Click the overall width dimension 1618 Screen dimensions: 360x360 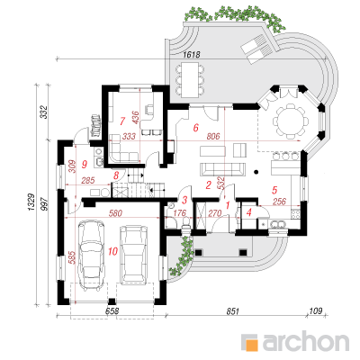[x=192, y=54]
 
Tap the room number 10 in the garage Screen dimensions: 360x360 [x=112, y=251]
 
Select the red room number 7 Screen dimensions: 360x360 [x=122, y=121]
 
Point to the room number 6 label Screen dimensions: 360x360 [x=195, y=128]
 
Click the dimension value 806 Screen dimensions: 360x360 [x=213, y=136]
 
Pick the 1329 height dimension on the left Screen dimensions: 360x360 [x=32, y=202]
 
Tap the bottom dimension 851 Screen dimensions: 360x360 [x=232, y=311]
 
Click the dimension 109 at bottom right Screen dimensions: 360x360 [x=316, y=310]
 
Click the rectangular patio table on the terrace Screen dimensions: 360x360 [x=190, y=79]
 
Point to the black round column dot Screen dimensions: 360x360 [x=256, y=172]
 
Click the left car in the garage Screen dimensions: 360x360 [x=92, y=256]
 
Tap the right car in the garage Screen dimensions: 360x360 [x=134, y=255]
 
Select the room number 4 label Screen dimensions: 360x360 [x=248, y=212]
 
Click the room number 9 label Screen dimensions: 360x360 [x=85, y=164]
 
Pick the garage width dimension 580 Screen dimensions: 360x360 [x=116, y=213]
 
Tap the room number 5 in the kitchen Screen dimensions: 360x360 [x=274, y=190]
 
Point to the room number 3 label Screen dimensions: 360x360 [x=184, y=200]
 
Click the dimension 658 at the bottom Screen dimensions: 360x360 [x=112, y=311]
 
